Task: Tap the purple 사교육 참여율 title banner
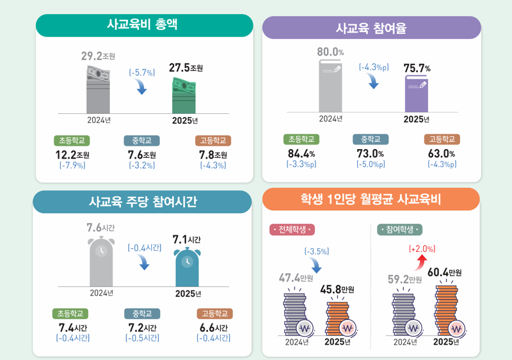coord(372,27)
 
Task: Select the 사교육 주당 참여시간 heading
coord(143,202)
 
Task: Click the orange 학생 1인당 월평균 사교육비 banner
coord(371,200)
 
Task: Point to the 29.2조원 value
coord(97,56)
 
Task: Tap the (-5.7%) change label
coord(142,73)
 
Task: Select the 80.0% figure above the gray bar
coord(330,51)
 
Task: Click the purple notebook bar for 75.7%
coord(415,95)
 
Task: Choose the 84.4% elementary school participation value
coord(301,153)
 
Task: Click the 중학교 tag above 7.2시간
coord(142,314)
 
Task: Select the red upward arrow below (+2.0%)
coord(422,262)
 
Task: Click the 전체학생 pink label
coord(292,230)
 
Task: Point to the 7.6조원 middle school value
coord(141,155)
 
